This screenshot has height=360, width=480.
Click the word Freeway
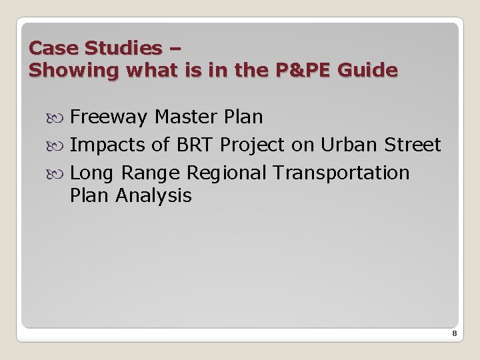click(x=109, y=117)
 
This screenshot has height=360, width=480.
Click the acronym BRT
click(x=195, y=145)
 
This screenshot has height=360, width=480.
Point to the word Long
click(x=90, y=173)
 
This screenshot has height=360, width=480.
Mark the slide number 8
click(x=454, y=333)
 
